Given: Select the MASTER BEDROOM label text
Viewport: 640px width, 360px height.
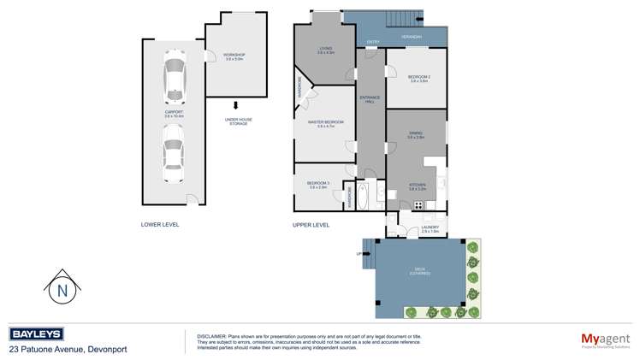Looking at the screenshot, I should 325,123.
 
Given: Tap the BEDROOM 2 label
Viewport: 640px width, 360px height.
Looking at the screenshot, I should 418,79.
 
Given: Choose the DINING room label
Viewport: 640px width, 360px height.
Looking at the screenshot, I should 416,133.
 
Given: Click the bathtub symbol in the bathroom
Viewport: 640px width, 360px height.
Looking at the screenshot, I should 363,197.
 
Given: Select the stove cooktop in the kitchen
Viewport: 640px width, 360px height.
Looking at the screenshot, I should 418,204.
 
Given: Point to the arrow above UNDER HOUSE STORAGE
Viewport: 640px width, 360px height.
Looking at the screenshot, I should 236,105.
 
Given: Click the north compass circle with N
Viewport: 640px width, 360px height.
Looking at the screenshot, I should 62,290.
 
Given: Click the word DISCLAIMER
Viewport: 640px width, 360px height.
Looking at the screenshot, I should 210,335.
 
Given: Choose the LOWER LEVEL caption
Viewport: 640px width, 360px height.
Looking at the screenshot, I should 160,225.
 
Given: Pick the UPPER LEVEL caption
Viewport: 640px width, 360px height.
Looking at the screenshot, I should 311,225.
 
